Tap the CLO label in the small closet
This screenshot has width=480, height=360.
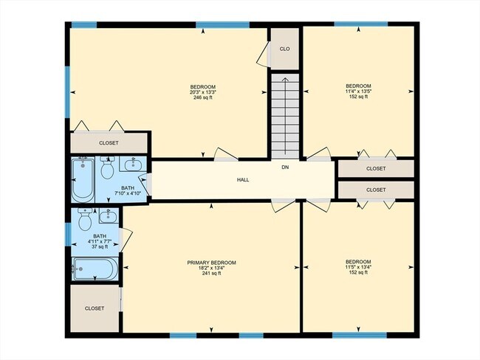coord(284,49)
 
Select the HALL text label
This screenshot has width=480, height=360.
coord(243,179)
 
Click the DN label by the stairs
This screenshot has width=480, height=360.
coord(285,167)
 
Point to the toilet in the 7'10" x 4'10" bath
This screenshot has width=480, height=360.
coord(107,170)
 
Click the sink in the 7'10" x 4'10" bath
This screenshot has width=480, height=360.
coord(135,164)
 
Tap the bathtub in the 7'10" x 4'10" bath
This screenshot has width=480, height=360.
coord(83,180)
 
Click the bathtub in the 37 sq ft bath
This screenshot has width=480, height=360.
coord(95,269)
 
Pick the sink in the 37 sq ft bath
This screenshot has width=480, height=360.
coord(109,215)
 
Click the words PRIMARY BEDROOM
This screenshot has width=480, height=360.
coord(211,263)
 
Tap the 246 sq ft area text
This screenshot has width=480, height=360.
coord(202,97)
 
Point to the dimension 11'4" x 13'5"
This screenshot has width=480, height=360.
coord(358,92)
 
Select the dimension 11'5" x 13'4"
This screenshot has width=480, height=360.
coord(358,267)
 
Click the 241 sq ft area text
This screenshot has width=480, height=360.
coord(211,274)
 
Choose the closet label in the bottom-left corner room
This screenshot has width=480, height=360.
coord(95,308)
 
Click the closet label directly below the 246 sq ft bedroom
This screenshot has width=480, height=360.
coord(109,142)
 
